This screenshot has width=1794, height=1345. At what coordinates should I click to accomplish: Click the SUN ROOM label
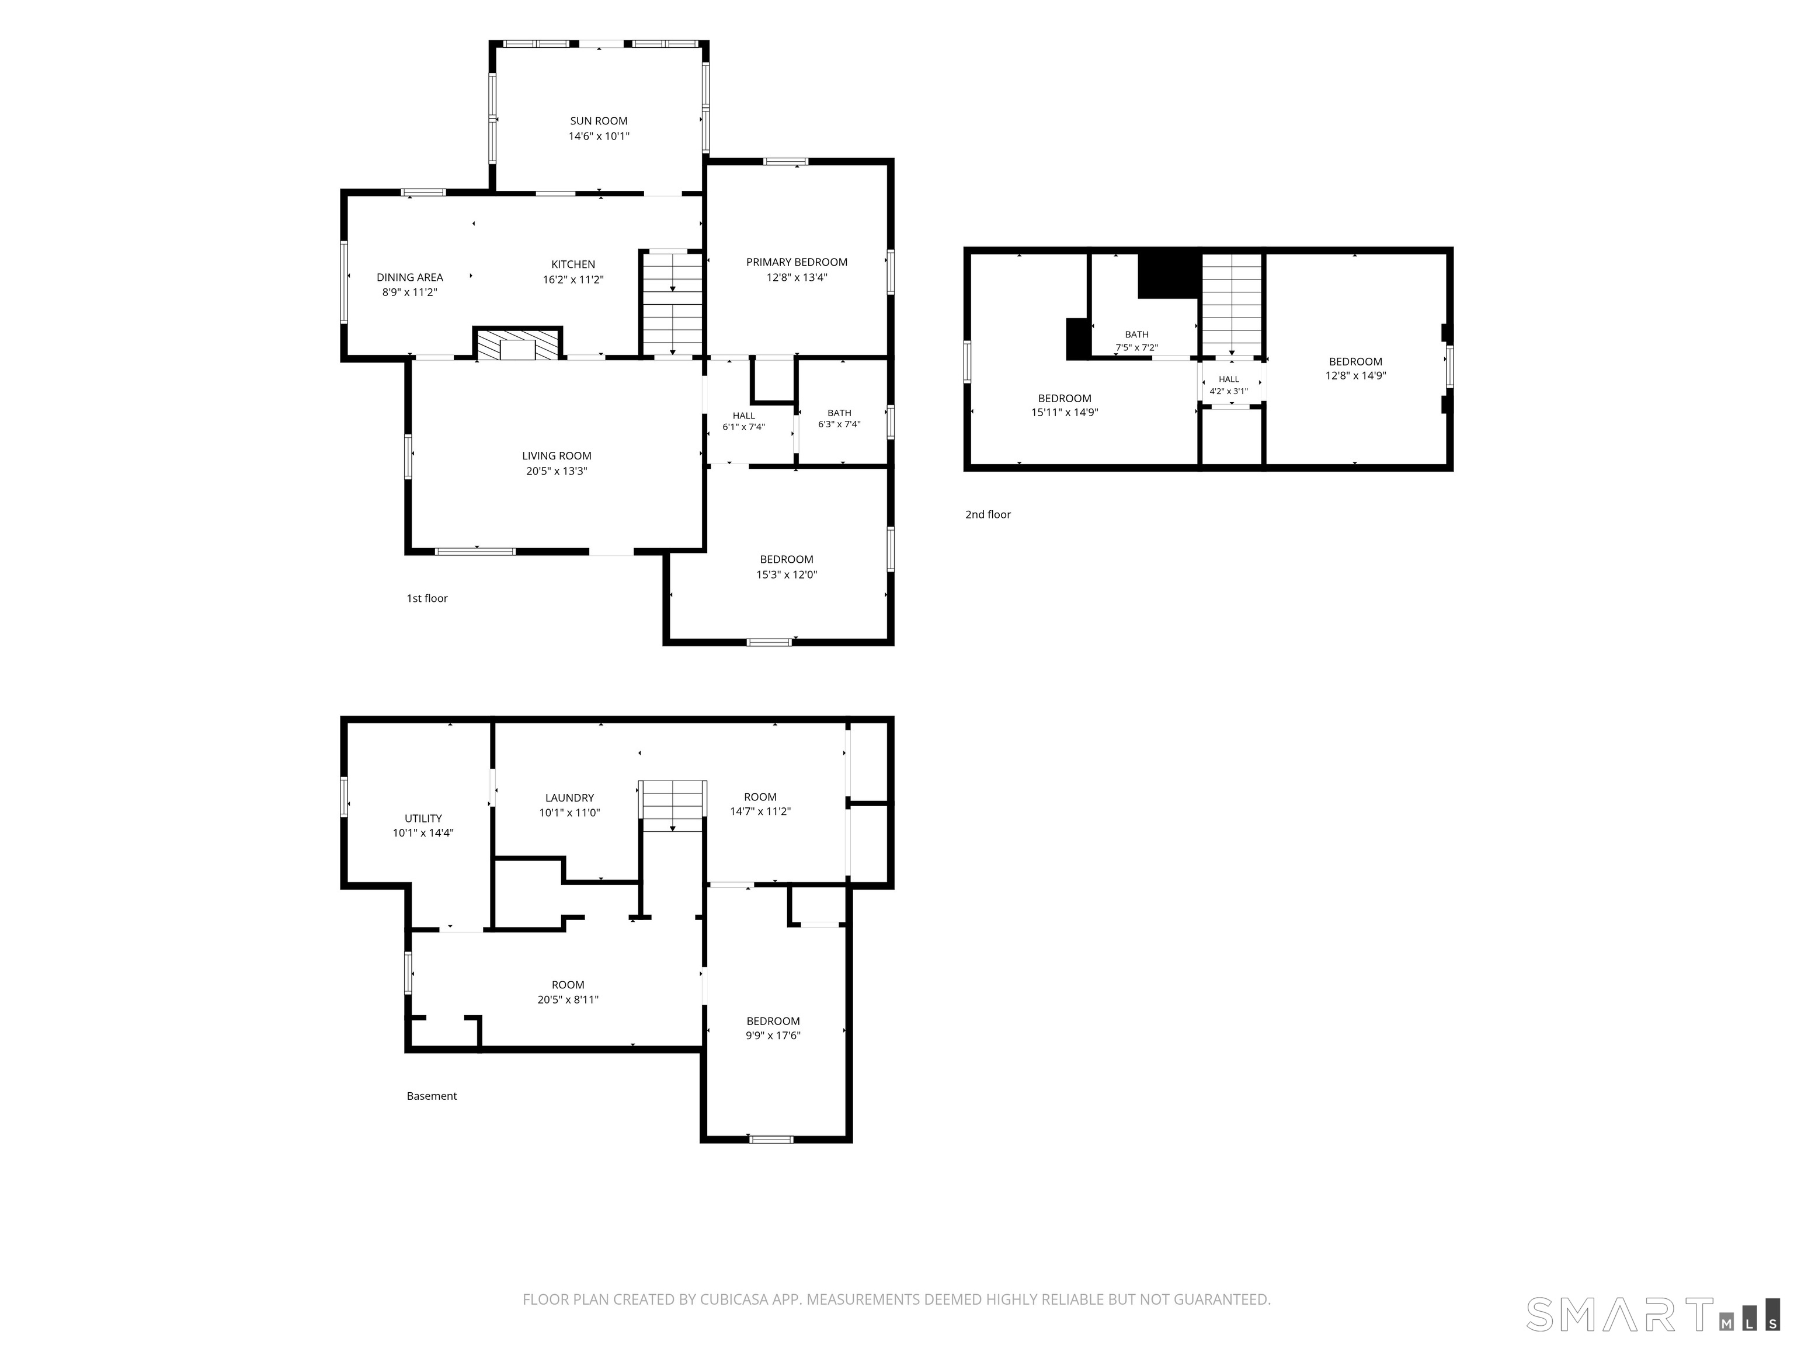599,121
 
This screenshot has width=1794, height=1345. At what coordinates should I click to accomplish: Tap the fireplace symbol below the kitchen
518,344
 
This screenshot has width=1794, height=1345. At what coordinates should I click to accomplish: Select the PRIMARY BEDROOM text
797,262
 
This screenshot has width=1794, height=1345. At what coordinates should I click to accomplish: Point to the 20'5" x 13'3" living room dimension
557,471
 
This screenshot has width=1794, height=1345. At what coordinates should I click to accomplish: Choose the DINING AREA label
409,277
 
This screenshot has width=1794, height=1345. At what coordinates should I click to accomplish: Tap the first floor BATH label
839,413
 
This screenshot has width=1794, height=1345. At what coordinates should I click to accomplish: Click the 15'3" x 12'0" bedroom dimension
787,575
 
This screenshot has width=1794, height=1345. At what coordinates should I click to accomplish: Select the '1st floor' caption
427,598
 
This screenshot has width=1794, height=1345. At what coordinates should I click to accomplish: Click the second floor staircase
1232,305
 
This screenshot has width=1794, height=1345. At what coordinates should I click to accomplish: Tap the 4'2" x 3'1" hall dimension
1229,391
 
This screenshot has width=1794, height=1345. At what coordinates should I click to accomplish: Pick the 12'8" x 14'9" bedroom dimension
1355,375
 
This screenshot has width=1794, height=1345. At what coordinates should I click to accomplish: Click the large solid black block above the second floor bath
1169,276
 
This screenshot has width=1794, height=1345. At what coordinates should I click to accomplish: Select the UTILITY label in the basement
423,818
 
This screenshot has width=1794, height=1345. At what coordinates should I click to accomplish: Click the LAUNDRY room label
569,798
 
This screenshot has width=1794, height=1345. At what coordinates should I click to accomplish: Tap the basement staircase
672,806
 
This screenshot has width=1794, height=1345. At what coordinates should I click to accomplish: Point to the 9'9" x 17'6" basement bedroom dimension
773,1035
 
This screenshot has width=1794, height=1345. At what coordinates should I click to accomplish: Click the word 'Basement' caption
432,1096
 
